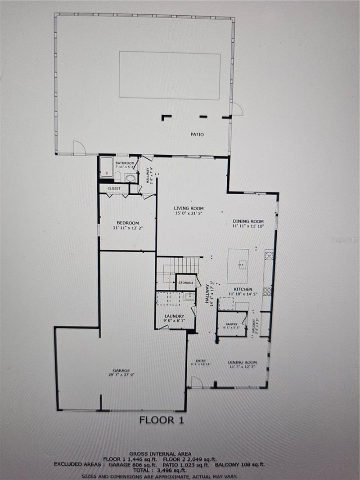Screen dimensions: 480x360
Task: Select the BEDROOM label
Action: pyautogui.click(x=128, y=223)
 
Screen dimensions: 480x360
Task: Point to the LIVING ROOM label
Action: pyautogui.click(x=189, y=208)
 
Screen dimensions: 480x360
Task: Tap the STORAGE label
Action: pyautogui.click(x=185, y=283)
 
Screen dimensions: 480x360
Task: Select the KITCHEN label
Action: pyautogui.click(x=243, y=289)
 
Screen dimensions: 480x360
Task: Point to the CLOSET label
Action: pyautogui.click(x=114, y=188)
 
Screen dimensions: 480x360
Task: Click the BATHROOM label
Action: pyautogui.click(x=125, y=163)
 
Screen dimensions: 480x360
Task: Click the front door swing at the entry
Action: pyautogui.click(x=196, y=382)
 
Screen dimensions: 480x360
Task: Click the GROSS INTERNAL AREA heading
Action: pyautogui.click(x=160, y=453)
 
